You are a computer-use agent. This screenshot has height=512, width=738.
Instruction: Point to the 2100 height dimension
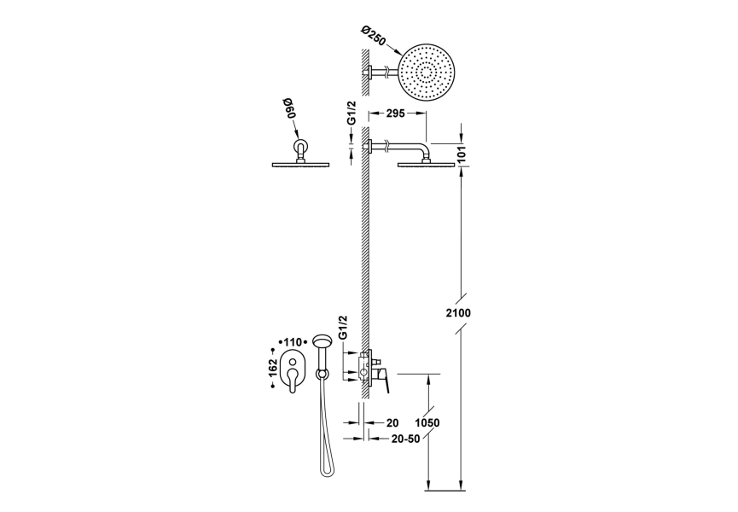click(458, 313)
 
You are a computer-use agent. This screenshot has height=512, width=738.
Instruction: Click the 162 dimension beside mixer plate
click(272, 368)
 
